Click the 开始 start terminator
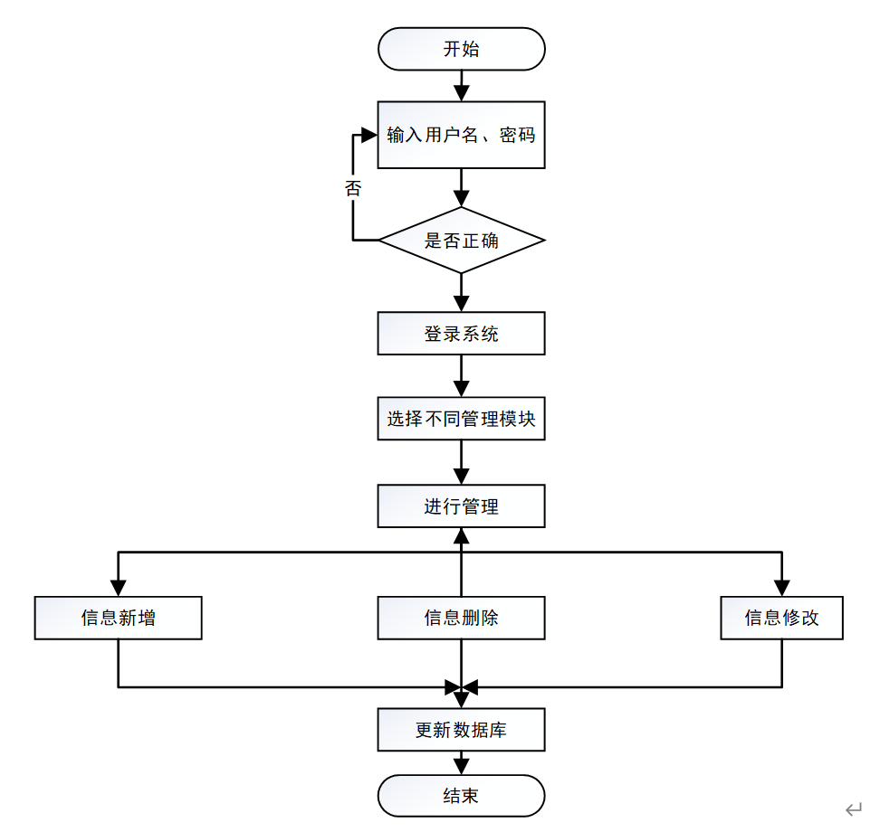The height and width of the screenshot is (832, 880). (461, 49)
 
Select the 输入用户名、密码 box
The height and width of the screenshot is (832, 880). (461, 135)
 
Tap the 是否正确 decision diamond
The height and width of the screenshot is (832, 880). (461, 241)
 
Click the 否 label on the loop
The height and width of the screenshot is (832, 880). (353, 188)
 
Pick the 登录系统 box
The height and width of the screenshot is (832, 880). (461, 334)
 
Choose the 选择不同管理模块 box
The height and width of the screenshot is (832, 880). (461, 420)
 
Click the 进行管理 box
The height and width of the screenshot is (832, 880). (461, 506)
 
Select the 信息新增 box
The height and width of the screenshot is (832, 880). (118, 618)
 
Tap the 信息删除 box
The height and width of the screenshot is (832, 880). (461, 618)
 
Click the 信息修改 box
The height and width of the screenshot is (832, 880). (781, 618)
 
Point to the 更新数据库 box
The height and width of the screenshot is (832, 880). (461, 730)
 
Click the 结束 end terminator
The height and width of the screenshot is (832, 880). (461, 796)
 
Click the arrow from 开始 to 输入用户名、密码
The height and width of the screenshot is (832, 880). (461, 85)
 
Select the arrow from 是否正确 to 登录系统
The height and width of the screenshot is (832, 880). (461, 293)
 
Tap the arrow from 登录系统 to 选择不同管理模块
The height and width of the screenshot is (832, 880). (461, 377)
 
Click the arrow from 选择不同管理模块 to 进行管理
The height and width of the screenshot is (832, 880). (461, 463)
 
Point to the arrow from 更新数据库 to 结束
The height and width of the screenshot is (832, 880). (461, 762)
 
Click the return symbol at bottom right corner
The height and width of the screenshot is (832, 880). (853, 809)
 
